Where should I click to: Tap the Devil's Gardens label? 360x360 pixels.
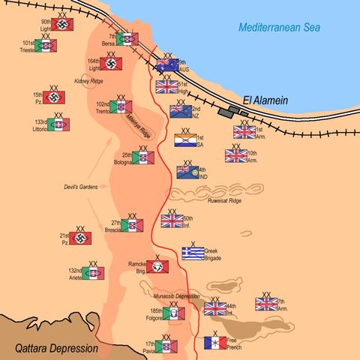[82, 187]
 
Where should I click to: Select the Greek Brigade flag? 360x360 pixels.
[193, 253]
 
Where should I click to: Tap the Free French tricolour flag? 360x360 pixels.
[215, 343]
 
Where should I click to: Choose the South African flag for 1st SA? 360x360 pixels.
[185, 140]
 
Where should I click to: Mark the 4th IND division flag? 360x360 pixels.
[187, 172]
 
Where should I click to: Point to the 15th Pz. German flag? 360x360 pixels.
[54, 97]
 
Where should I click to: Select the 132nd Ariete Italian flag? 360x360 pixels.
[93, 274]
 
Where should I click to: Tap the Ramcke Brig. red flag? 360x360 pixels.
[157, 266]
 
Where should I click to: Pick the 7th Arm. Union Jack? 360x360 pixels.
[266, 304]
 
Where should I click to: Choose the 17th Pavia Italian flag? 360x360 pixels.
[166, 346]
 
